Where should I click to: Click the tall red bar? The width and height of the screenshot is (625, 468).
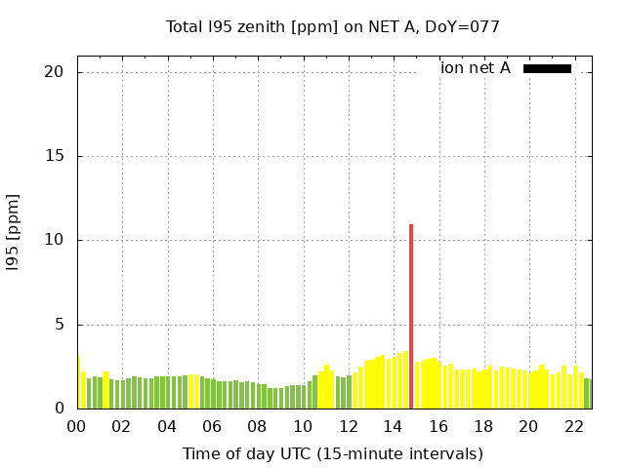(411, 317)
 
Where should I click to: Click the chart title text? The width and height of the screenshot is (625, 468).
(332, 27)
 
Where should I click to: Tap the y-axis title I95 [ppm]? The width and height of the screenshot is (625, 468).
(14, 232)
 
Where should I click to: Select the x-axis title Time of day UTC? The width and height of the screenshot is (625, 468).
(332, 453)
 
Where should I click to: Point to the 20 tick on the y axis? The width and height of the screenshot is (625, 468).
(54, 72)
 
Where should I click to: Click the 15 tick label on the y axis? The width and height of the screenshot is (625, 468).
(54, 156)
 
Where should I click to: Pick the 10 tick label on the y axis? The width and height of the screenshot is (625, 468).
(54, 241)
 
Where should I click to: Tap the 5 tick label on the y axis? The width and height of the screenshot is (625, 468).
(59, 325)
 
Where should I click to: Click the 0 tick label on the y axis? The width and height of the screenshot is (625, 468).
(59, 409)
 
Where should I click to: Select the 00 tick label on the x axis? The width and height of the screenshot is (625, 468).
(77, 427)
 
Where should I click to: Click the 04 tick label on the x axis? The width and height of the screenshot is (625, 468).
(167, 427)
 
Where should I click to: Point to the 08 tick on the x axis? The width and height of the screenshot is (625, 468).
(258, 427)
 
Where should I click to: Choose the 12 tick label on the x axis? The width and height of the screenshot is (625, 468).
(348, 427)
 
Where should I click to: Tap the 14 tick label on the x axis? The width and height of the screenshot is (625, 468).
(393, 427)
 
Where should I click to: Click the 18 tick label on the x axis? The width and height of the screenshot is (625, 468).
(483, 427)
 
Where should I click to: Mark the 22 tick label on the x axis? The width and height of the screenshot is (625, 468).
(573, 427)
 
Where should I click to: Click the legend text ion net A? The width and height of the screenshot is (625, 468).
(476, 68)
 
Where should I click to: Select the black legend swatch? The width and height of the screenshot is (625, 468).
(547, 68)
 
